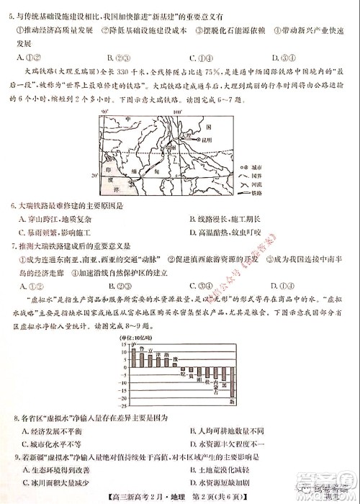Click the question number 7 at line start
pyautogui.click(x=16, y=247)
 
